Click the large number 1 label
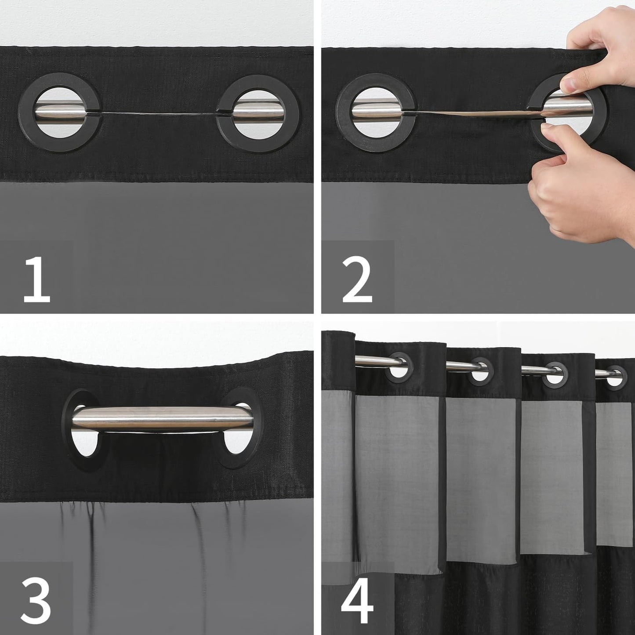37,280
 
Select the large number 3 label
37,601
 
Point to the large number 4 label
357,601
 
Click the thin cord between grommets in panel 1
158,114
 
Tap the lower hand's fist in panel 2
580,193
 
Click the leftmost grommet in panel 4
399,367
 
